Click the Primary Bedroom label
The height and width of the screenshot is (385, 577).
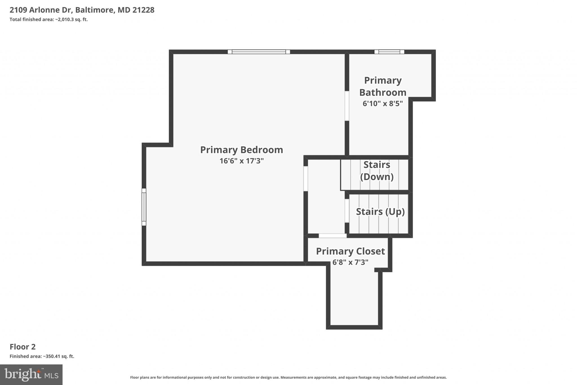[x=241, y=150]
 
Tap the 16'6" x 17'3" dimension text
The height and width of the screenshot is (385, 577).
[x=241, y=161]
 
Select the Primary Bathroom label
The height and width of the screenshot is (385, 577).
[x=383, y=86]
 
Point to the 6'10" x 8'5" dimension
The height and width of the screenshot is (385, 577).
[x=383, y=104]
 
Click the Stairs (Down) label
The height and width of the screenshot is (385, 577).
[x=377, y=171]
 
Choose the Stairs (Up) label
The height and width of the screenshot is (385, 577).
[x=380, y=212]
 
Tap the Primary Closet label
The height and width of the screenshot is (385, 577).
[x=350, y=251]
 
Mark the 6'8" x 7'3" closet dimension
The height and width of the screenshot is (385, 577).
[x=350, y=262]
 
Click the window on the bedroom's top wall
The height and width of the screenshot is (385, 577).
[x=259, y=52]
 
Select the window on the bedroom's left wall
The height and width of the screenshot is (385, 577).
[x=144, y=207]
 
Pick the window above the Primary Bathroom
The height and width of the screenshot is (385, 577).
[x=389, y=52]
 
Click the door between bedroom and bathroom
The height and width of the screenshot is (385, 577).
[x=347, y=106]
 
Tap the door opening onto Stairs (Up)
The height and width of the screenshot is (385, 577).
[x=347, y=211]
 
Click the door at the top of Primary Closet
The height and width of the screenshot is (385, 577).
[x=332, y=236]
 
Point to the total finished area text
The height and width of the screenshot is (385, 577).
[x=49, y=19]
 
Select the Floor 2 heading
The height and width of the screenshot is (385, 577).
[x=23, y=347]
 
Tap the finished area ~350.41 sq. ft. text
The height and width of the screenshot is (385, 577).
[x=42, y=356]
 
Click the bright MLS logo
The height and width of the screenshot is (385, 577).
[x=31, y=375]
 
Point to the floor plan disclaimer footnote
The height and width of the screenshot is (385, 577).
[x=288, y=377]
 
